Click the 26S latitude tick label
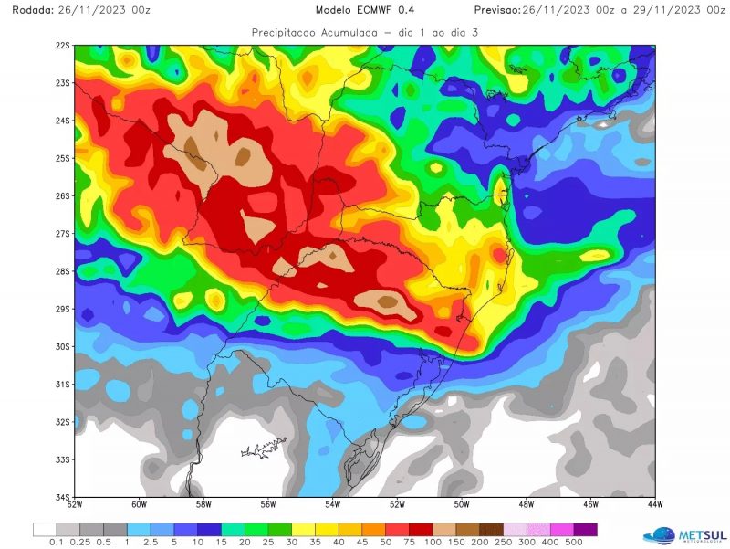(x=63, y=195)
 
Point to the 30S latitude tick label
(x=63, y=346)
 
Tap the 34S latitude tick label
(x=63, y=497)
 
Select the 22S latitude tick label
(x=63, y=45)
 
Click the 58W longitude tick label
(x=203, y=504)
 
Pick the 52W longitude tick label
(x=397, y=504)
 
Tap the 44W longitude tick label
(x=654, y=504)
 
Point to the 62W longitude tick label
(x=75, y=504)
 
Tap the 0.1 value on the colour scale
(x=57, y=542)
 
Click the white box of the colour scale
(x=44, y=529)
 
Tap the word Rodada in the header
(x=26, y=10)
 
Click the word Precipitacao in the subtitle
(x=287, y=31)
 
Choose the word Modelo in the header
(x=335, y=10)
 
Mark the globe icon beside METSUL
(x=660, y=534)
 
